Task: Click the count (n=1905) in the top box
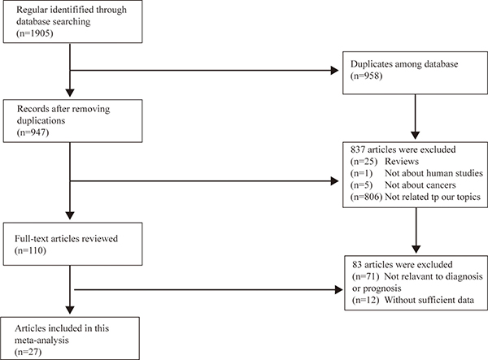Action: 35,33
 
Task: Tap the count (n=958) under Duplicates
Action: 366,76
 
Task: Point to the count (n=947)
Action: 33,132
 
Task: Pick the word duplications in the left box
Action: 41,120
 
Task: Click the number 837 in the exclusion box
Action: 358,150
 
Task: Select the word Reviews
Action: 402,162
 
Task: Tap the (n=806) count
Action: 366,197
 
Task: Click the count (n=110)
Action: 30,250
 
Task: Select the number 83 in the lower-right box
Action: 357,265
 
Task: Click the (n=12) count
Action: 366,300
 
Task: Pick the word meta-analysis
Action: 41,340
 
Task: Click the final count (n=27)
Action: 28,352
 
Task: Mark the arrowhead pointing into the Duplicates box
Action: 334,71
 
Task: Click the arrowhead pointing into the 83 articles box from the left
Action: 339,290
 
